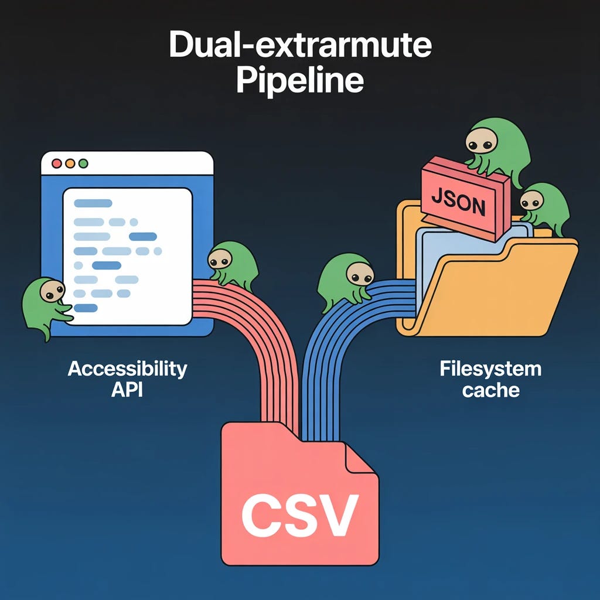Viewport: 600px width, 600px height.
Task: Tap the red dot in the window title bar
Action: [57, 163]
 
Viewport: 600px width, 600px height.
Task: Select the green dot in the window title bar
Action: [83, 163]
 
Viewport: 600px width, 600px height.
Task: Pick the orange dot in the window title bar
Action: [70, 163]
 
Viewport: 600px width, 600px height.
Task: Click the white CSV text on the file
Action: [299, 514]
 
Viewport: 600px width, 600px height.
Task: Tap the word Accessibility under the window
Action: [127, 369]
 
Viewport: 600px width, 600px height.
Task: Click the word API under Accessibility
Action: [127, 390]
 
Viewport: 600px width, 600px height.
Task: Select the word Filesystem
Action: [490, 369]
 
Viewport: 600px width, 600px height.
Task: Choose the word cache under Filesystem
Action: [490, 390]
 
